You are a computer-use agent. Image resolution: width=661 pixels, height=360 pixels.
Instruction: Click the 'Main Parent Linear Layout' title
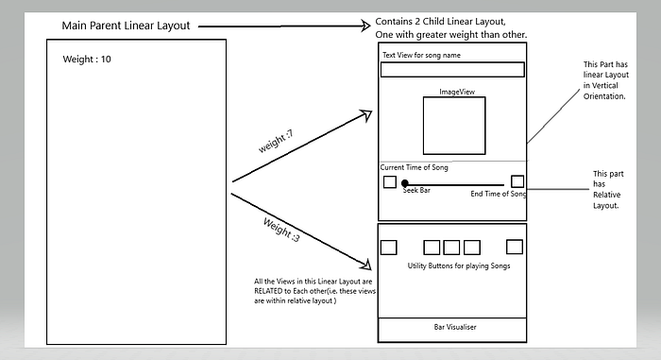(126, 26)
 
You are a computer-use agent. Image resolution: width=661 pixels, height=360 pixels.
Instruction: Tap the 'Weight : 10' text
(87, 60)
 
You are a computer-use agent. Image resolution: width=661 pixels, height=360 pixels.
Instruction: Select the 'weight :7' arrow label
(276, 142)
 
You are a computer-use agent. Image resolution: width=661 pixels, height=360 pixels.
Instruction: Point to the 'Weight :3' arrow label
(281, 230)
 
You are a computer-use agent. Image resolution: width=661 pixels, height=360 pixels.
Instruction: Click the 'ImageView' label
(457, 92)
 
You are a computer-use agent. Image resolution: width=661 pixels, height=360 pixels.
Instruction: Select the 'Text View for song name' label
(421, 55)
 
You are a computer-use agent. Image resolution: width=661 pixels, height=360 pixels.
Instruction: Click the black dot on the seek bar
(405, 183)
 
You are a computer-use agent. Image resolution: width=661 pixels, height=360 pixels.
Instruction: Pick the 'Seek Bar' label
(416, 190)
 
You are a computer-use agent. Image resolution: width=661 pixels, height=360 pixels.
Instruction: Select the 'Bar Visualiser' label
(455, 327)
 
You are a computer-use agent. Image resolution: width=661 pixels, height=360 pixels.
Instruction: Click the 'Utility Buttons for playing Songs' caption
(459, 266)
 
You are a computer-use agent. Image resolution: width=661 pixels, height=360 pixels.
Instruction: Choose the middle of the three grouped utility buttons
(451, 248)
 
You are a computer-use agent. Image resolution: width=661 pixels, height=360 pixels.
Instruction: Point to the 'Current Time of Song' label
(414, 167)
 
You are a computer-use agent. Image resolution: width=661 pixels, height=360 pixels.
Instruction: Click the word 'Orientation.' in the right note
(604, 96)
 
